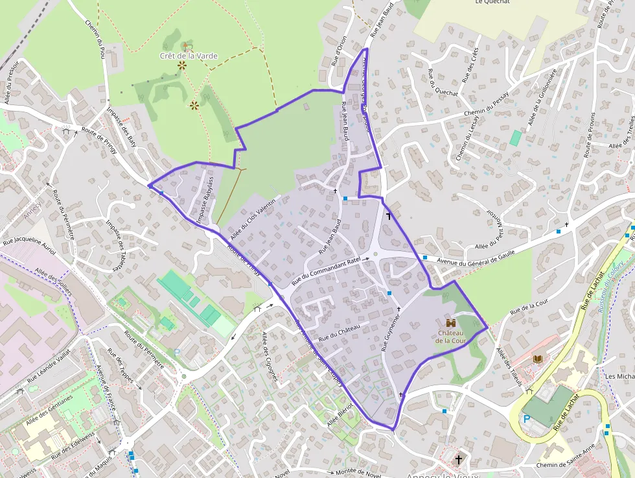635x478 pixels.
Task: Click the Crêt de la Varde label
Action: [189, 56]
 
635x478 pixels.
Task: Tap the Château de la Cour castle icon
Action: [450, 322]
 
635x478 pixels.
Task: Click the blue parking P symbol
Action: [527, 419]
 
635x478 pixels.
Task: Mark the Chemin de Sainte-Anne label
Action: [568, 465]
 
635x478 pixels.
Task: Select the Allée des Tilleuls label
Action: [508, 367]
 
